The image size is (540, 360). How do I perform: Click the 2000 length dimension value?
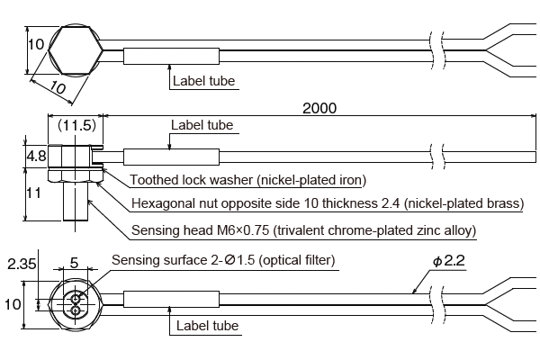click(319, 109)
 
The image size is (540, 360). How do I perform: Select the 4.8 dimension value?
click(35, 157)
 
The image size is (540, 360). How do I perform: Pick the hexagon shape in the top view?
click(74, 49)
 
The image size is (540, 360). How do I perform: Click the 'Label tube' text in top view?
click(203, 81)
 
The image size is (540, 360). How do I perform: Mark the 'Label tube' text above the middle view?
click(202, 125)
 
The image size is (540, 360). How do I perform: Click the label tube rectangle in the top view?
click(171, 56)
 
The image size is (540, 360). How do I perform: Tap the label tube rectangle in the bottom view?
click(171, 301)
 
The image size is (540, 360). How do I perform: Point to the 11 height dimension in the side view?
click(35, 192)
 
